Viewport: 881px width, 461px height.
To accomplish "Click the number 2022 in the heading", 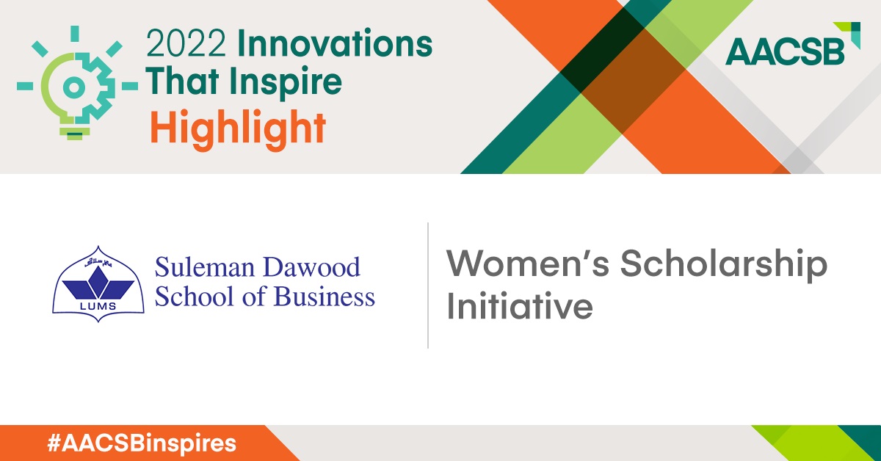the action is [x=186, y=43].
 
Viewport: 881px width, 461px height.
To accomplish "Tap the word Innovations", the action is [x=335, y=43].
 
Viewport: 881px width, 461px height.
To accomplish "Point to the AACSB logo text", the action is [x=785, y=51].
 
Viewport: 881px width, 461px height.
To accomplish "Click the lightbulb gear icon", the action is [x=77, y=83].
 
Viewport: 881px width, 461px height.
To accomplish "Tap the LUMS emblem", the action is [x=98, y=284].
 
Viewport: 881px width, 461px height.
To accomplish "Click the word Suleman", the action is [x=205, y=267].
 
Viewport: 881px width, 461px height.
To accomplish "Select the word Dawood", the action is [x=311, y=267].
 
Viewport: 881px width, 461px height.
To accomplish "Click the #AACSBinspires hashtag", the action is [x=142, y=443].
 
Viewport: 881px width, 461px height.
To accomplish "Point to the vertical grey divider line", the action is [x=428, y=285].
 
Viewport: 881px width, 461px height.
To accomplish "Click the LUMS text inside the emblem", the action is [x=98, y=306].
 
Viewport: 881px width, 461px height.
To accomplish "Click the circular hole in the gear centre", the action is [x=74, y=87].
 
